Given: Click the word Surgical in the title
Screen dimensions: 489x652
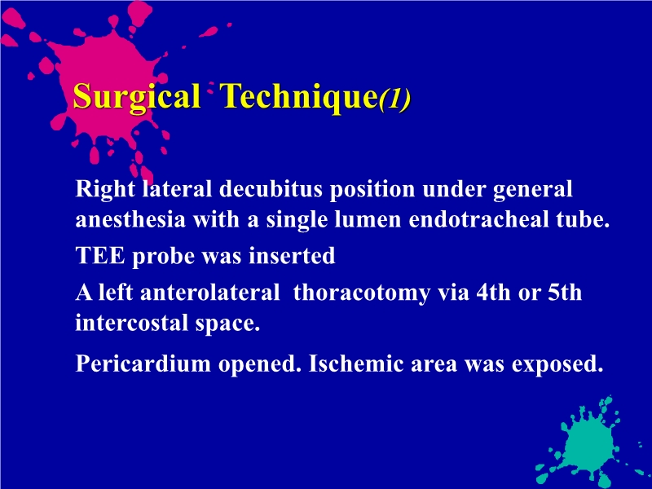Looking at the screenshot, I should click(x=136, y=98).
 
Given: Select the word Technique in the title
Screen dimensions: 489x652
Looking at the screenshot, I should click(x=298, y=98).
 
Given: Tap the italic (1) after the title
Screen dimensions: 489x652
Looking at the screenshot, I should click(x=394, y=99).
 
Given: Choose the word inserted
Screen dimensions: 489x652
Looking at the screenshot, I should click(x=296, y=257).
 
